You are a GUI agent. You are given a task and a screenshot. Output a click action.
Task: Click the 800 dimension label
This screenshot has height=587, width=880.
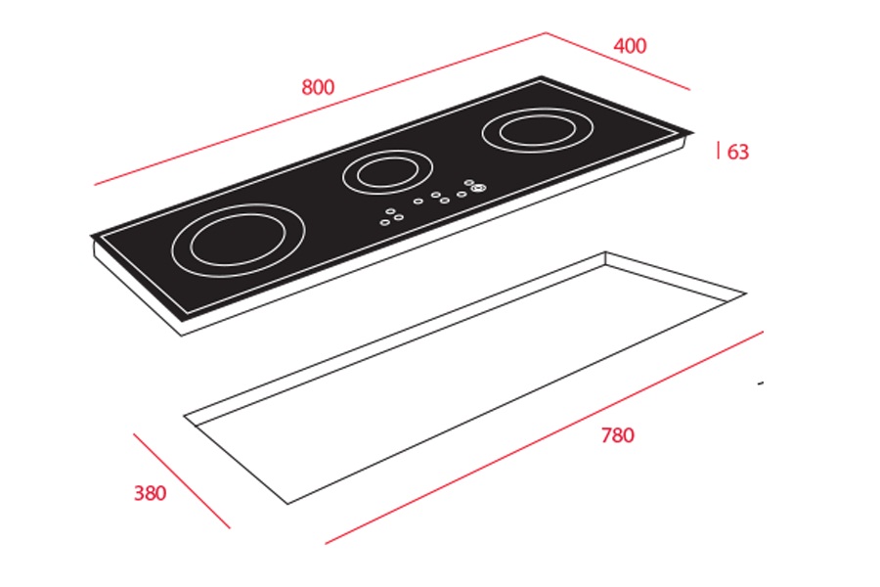coord(318,87)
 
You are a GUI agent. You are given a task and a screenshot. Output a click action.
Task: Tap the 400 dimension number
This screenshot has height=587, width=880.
coord(630,46)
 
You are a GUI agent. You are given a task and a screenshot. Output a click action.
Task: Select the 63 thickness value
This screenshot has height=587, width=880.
coord(738,152)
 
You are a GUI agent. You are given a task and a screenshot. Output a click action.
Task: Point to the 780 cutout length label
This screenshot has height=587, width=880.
coord(617,435)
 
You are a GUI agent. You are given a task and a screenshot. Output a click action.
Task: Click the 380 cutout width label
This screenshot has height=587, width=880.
coord(150,493)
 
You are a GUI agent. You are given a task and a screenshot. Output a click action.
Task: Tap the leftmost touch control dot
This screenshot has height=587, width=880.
coord(383,221)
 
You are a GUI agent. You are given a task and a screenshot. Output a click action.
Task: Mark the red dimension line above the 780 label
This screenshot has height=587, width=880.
coord(548,435)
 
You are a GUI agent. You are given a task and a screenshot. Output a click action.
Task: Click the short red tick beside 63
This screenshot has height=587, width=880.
coord(720,150)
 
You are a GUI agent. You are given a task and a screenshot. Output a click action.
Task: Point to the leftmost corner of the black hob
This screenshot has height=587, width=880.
coord(92,236)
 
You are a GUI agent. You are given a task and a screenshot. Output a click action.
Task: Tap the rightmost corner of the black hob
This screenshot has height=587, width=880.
coord(693,133)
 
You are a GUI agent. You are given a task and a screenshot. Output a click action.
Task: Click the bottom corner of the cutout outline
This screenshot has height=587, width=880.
coord(287,504)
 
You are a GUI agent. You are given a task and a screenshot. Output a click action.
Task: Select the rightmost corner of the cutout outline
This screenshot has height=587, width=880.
coord(746,293)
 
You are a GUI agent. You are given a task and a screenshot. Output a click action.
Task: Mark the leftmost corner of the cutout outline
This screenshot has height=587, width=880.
coord(184,416)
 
